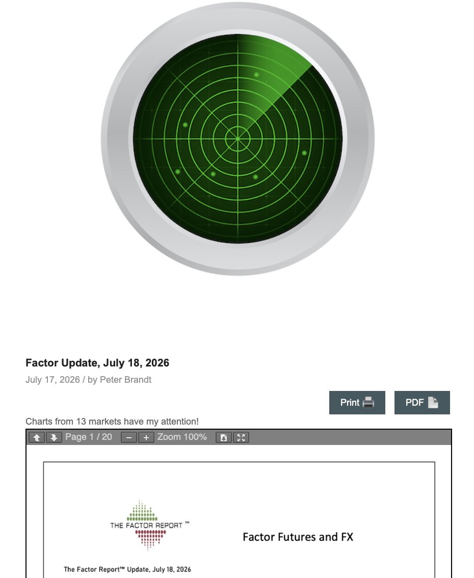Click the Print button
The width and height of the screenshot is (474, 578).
(357, 403)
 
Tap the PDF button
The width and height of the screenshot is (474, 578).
(422, 403)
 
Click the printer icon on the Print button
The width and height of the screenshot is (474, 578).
(368, 403)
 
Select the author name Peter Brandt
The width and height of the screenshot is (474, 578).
(125, 380)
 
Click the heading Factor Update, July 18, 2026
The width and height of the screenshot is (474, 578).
(97, 363)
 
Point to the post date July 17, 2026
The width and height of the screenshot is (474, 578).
(52, 380)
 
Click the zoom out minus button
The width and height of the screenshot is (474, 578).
(129, 437)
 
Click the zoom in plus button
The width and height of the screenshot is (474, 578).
(146, 437)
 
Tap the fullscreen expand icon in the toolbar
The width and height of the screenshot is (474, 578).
(241, 437)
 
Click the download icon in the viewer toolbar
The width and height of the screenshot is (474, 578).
(223, 437)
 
